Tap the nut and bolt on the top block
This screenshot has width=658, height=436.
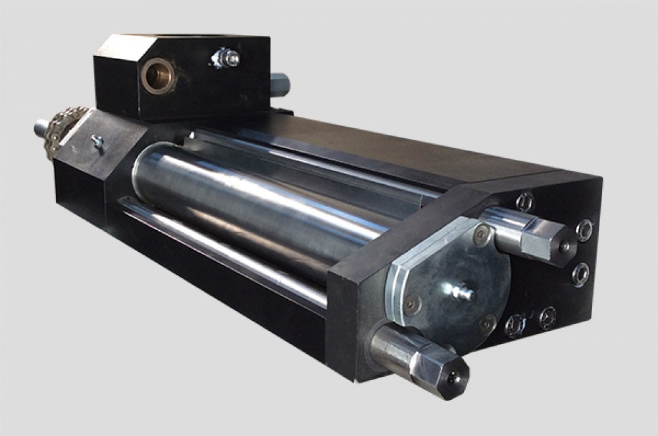[x=226, y=58]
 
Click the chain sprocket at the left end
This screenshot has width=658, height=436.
[x=63, y=131]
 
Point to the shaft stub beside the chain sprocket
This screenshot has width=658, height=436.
[x=41, y=125]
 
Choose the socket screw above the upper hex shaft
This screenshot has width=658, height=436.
[x=524, y=201]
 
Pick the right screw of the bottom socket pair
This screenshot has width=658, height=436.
[x=547, y=318]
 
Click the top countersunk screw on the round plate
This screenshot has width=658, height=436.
[x=484, y=231]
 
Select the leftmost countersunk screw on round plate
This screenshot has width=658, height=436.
[x=413, y=303]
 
